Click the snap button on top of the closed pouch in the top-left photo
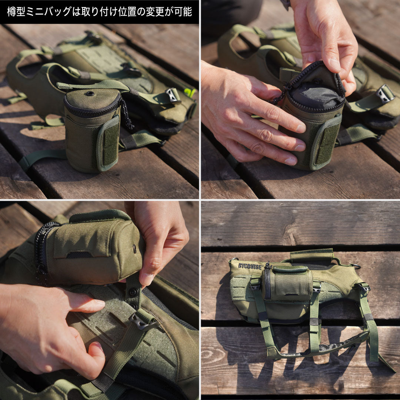90,93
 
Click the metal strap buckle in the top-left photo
173,95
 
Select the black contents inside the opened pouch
316,95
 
